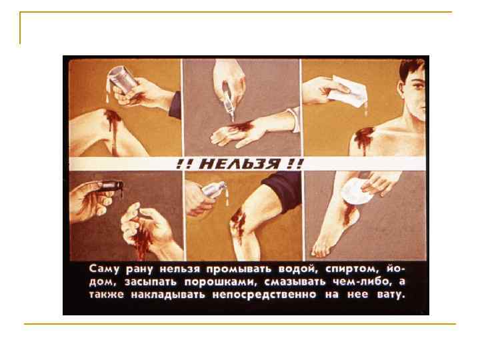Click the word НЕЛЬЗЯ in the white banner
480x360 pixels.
[x=240, y=164]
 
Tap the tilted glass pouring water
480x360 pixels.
[x=121, y=79]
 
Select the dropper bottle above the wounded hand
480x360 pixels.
[x=229, y=101]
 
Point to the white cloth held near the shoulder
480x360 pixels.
[x=347, y=91]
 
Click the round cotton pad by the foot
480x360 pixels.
[x=355, y=191]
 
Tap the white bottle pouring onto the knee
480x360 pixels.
[x=214, y=189]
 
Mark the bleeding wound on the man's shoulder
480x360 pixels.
[x=364, y=139]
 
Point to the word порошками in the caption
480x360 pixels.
[x=220, y=282]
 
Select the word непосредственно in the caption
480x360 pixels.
[x=264, y=295]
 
